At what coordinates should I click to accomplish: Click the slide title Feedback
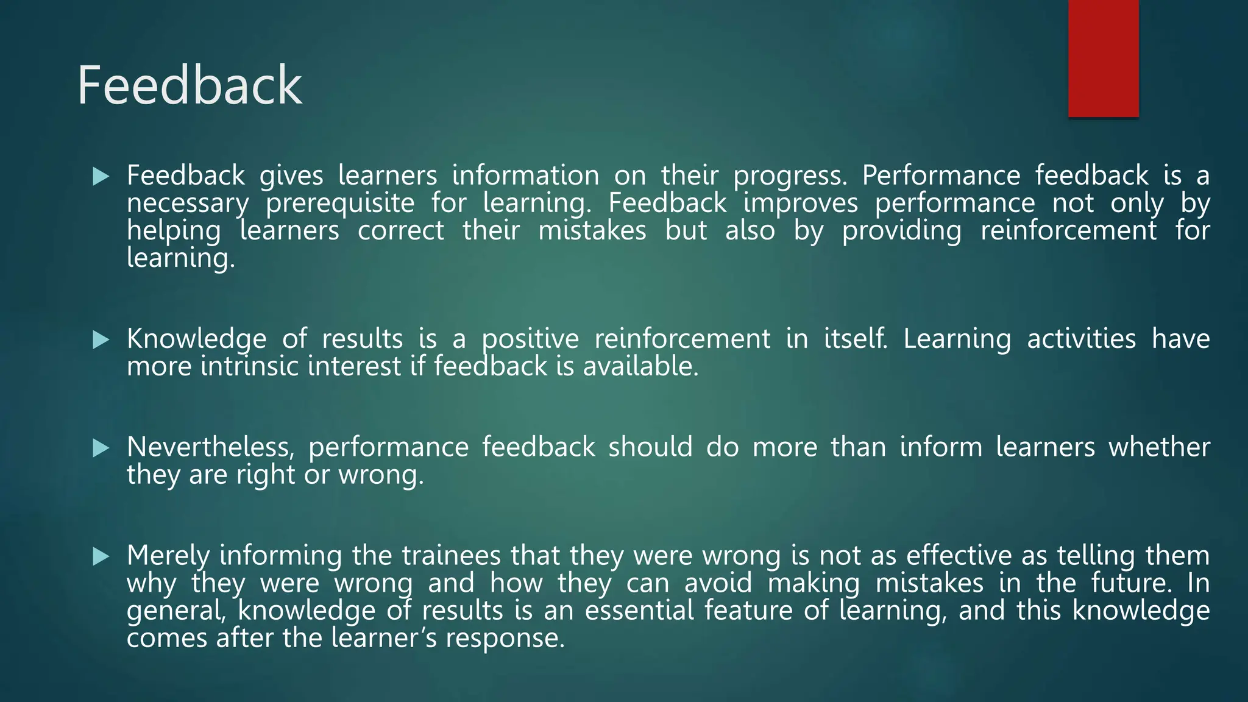point(190,85)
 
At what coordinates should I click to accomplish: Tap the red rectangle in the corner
point(1103,58)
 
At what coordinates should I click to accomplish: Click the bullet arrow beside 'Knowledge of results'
point(101,340)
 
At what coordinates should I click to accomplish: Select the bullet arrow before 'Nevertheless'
point(101,448)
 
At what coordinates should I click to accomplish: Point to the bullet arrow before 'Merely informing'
point(101,556)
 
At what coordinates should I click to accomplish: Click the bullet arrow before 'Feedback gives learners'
point(101,177)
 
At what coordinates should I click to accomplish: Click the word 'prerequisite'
point(340,204)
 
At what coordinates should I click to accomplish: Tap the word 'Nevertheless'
point(210,447)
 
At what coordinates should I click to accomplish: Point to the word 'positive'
point(530,339)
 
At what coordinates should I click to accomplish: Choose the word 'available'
point(640,366)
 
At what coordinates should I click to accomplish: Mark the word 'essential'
point(639,610)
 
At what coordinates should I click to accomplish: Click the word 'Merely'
point(168,556)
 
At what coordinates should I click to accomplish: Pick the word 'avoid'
point(718,583)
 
